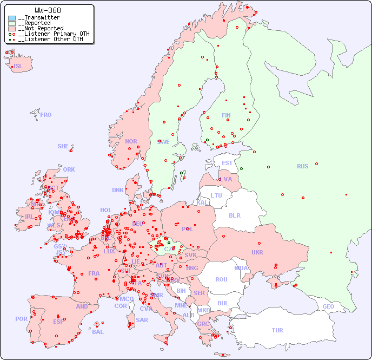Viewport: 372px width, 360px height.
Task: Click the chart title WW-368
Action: point(48,10)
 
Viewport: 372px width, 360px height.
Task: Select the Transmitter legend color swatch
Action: point(12,18)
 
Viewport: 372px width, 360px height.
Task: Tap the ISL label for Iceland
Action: point(18,67)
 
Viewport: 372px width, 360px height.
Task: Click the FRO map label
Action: point(46,115)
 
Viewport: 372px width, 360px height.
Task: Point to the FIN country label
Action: point(226,115)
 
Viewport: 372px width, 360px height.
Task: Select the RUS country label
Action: point(302,166)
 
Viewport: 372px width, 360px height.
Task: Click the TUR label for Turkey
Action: point(277,330)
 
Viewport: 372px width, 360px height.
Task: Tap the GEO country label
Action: point(328,306)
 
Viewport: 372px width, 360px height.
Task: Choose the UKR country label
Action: point(257,252)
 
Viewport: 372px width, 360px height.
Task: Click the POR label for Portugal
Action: point(21,319)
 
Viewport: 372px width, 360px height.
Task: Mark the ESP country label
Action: point(58,321)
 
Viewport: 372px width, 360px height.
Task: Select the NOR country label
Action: point(131,141)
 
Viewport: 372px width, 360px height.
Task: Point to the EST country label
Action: point(227,163)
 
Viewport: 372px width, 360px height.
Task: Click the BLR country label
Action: point(234,215)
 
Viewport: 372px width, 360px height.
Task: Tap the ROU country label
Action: point(221,279)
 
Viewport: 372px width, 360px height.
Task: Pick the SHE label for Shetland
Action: point(63,146)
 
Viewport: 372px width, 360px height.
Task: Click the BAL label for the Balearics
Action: point(97,332)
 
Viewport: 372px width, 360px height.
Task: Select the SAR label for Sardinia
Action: point(142,320)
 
